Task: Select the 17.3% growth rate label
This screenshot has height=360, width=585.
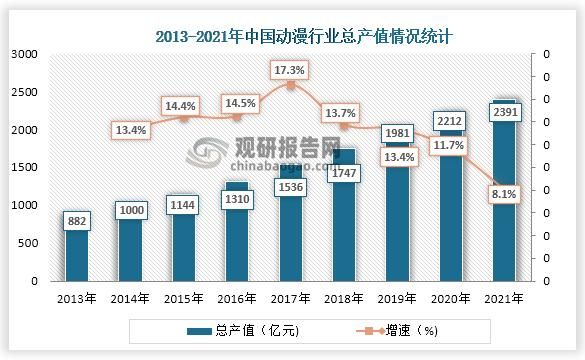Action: point(291,70)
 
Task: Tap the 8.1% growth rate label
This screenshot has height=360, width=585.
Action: point(504,196)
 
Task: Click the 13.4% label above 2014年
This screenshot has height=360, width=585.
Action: point(132,129)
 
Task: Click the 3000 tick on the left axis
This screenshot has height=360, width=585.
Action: point(23,54)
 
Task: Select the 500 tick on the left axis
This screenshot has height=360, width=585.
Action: point(27,243)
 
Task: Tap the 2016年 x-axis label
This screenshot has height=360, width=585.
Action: point(237,298)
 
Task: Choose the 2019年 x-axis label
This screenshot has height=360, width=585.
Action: point(397,298)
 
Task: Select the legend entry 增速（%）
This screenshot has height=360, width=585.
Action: point(400,330)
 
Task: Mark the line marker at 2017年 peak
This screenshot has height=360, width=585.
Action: point(291,85)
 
